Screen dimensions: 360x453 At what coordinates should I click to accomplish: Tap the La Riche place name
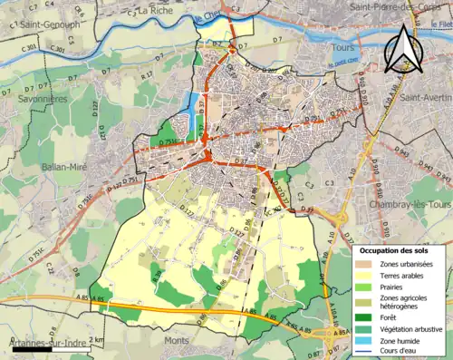pos(157,11)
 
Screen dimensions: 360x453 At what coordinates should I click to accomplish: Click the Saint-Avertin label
pos(425,97)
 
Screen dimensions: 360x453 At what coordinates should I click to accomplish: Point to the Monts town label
pos(177,340)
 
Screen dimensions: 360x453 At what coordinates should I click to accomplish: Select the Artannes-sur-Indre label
pos(38,345)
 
